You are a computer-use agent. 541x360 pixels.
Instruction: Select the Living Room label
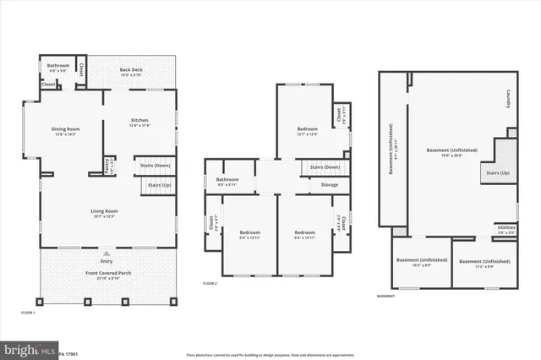pyautogui.click(x=105, y=211)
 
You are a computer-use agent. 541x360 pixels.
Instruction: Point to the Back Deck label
pyautogui.click(x=131, y=69)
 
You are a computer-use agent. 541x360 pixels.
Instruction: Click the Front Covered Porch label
pyautogui.click(x=107, y=275)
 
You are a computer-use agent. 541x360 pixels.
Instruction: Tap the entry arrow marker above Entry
pyautogui.click(x=107, y=253)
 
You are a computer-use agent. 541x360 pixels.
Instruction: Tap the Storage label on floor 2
pyautogui.click(x=330, y=184)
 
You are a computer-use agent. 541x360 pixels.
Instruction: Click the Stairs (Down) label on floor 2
pyautogui.click(x=325, y=167)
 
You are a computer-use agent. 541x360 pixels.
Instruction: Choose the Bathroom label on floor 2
pyautogui.click(x=227, y=179)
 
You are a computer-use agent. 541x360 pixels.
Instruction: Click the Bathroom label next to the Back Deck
pyautogui.click(x=58, y=65)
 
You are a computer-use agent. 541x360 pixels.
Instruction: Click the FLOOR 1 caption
pyautogui.click(x=28, y=313)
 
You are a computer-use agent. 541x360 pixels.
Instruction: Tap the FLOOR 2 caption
pyautogui.click(x=210, y=283)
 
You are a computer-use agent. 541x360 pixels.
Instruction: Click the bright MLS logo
pyautogui.click(x=23, y=348)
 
